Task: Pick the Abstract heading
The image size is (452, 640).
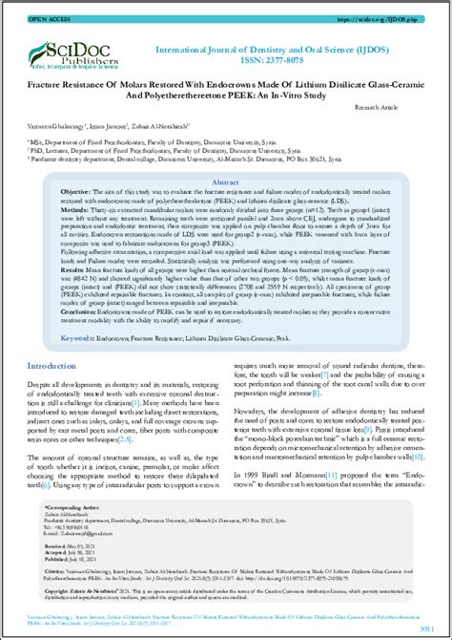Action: tap(225, 181)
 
